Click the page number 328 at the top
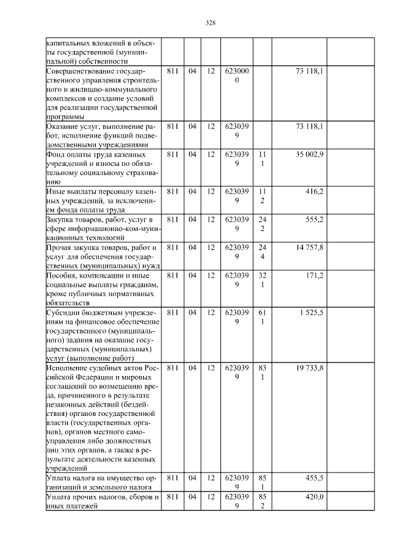pyautogui.click(x=209, y=23)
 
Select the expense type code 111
pyautogui.click(x=262, y=159)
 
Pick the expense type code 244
pyautogui.click(x=262, y=252)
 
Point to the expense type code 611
pyautogui.click(x=262, y=317)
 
